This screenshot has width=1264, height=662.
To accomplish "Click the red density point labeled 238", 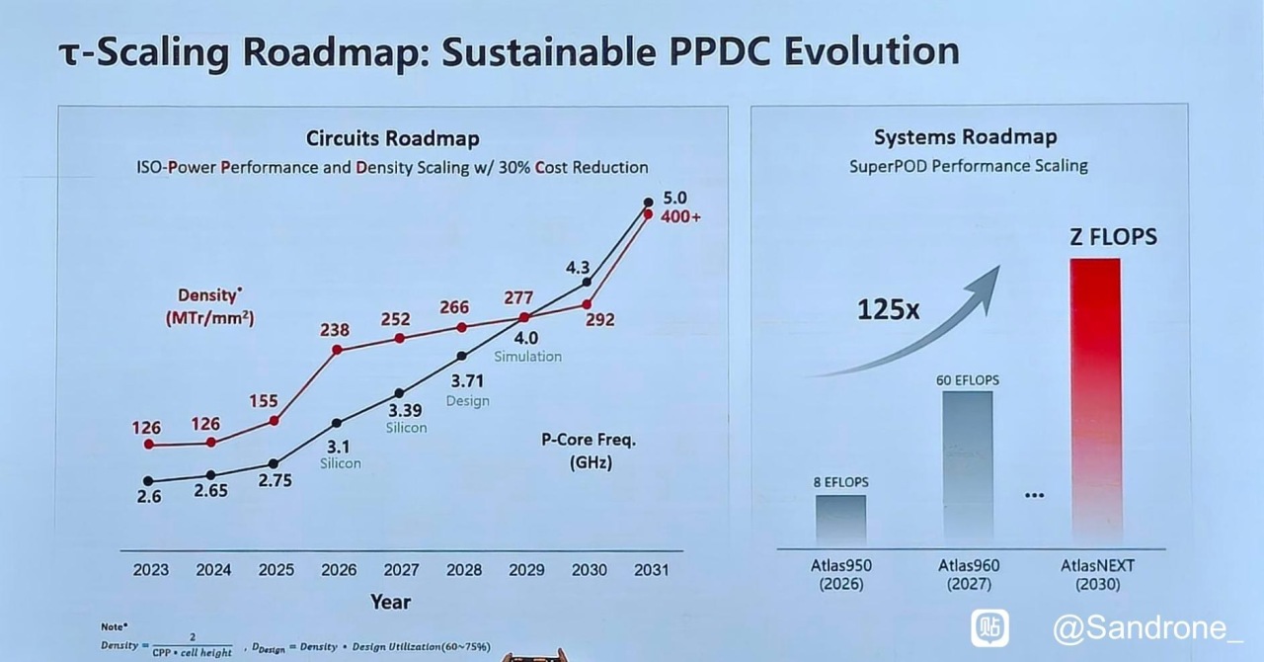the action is (x=337, y=350).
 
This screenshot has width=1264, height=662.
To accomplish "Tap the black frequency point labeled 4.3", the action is (x=587, y=282).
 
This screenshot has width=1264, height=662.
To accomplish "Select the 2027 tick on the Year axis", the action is (x=401, y=570).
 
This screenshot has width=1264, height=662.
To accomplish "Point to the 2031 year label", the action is (x=651, y=570).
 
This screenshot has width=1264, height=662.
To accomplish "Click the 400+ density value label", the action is (x=680, y=217).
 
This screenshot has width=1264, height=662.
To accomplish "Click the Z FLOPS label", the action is (x=1113, y=237).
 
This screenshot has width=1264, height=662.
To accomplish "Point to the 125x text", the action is (x=888, y=309).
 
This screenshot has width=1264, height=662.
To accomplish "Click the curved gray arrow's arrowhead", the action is (x=985, y=287).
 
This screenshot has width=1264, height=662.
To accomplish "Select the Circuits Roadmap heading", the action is (x=393, y=138).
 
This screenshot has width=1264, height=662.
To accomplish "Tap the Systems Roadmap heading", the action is (x=966, y=136).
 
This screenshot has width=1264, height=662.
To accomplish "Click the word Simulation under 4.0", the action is (x=528, y=357).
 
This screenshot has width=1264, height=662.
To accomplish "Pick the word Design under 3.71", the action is (x=468, y=401).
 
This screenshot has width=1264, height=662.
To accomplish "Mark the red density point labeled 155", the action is (x=275, y=421).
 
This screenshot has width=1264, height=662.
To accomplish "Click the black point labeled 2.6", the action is (x=148, y=481).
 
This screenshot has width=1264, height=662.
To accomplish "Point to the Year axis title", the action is (x=390, y=602).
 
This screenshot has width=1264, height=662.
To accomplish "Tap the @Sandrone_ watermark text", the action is (x=1147, y=628).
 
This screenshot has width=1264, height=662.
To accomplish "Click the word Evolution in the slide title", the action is (x=871, y=50).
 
